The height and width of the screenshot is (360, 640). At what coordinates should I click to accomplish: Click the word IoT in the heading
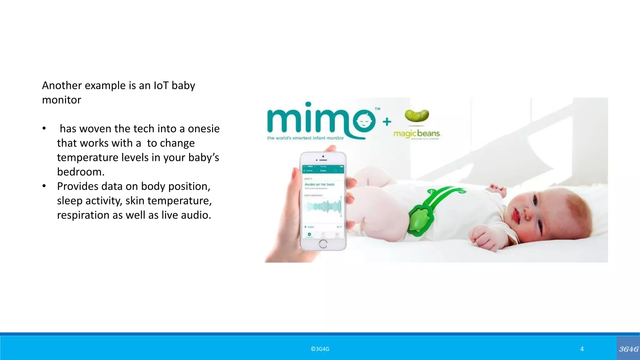tap(161, 85)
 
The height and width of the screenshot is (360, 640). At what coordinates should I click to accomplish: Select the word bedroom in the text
tap(80, 172)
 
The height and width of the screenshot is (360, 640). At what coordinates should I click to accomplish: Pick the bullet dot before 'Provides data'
tap(44, 186)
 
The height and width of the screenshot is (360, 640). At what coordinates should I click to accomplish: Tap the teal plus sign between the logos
tap(387, 122)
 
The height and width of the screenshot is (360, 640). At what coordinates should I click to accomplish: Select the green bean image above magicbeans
tap(417, 115)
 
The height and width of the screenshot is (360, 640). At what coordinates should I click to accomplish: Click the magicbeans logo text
tap(417, 134)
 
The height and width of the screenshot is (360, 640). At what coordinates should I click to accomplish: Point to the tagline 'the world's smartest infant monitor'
tap(305, 138)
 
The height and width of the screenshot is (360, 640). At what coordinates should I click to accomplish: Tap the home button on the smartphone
tap(323, 244)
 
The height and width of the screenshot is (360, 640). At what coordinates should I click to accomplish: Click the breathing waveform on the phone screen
tap(324, 207)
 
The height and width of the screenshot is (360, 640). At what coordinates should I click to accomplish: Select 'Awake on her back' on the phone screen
tap(319, 184)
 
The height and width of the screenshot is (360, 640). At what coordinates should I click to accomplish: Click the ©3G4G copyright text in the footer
tap(320, 349)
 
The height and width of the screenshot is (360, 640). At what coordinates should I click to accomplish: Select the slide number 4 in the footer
tap(582, 349)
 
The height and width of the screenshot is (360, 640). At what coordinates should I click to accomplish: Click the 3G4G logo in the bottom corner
tap(628, 349)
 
